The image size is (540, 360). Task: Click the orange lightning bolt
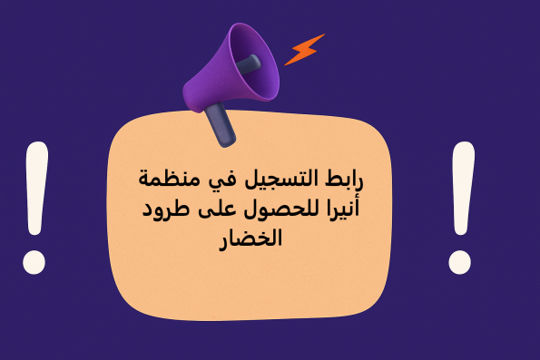click(x=304, y=51)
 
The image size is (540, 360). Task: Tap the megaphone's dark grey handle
click(x=221, y=125)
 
